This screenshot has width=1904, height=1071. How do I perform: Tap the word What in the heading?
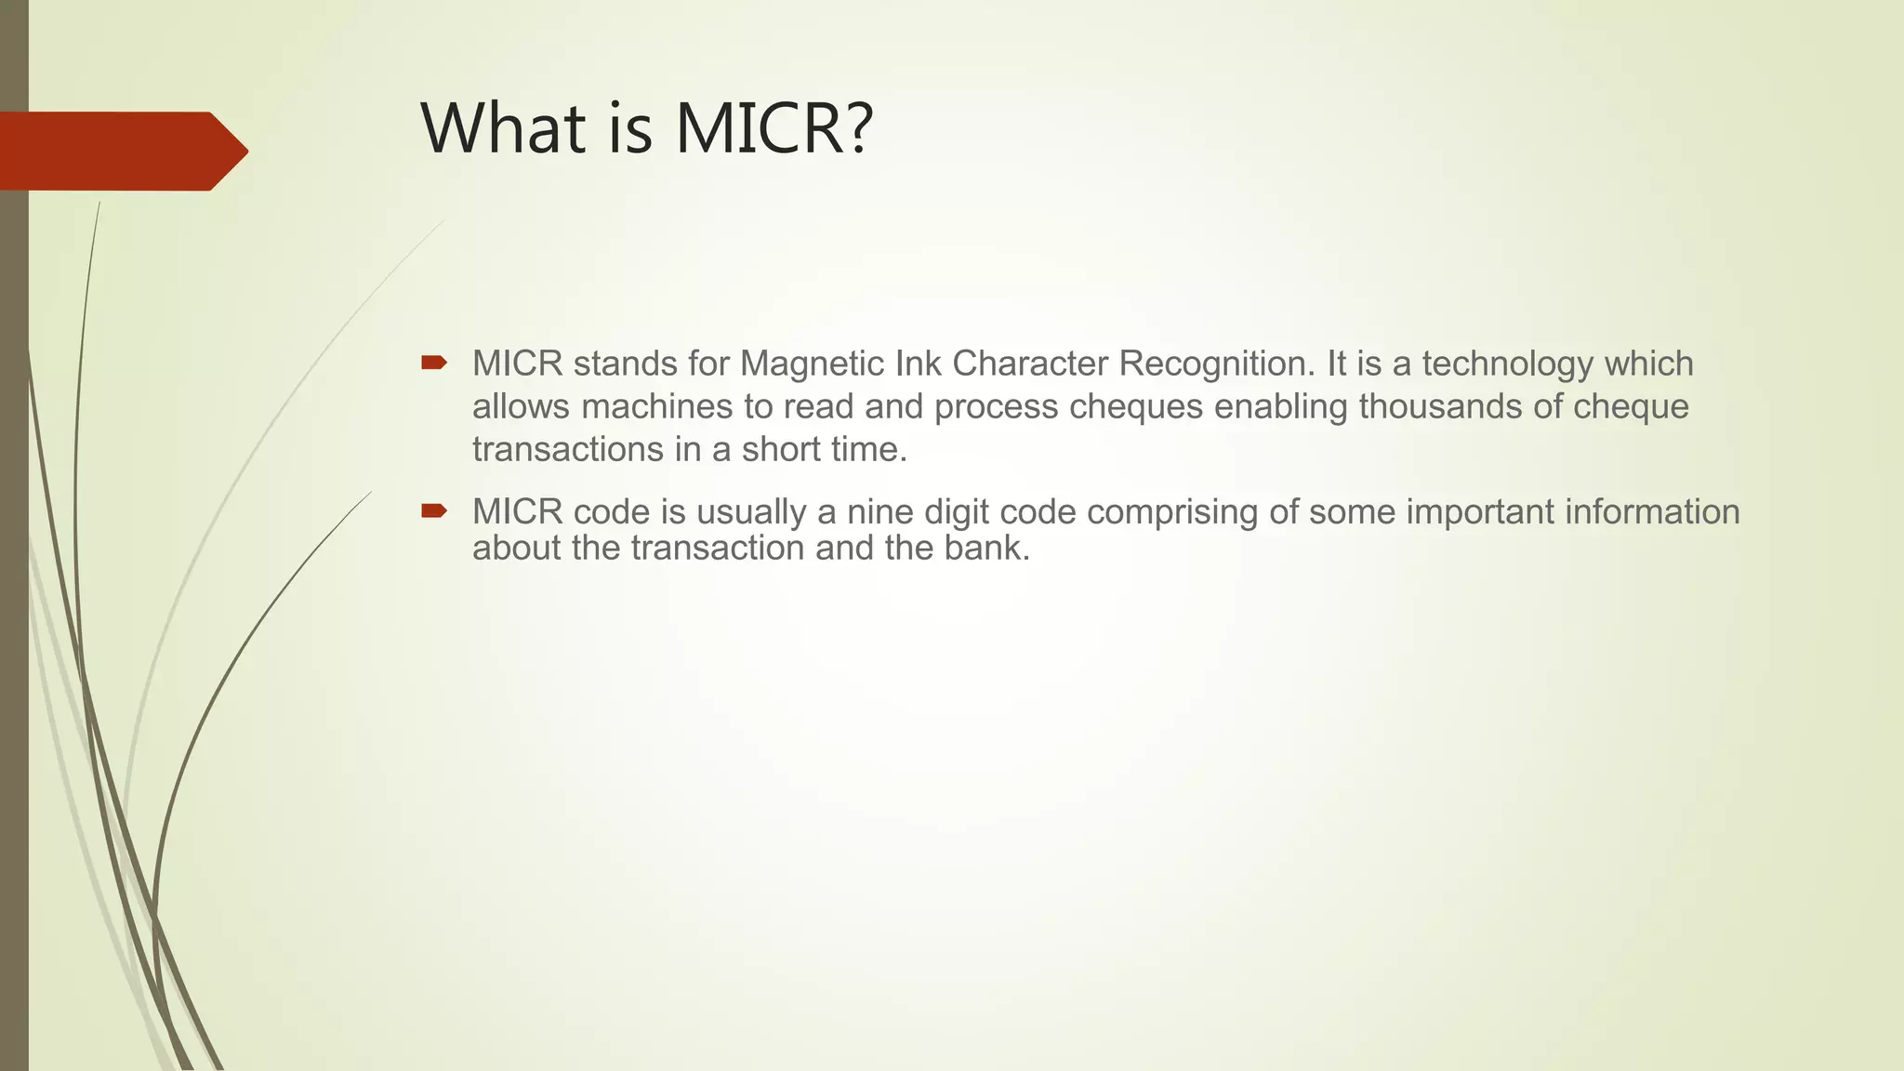pyautogui.click(x=504, y=128)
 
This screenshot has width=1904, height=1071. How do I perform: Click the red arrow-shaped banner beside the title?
pyautogui.click(x=121, y=151)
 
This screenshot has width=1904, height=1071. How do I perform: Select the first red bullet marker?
pyautogui.click(x=433, y=363)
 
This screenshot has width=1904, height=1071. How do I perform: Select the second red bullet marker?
pyautogui.click(x=433, y=510)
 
